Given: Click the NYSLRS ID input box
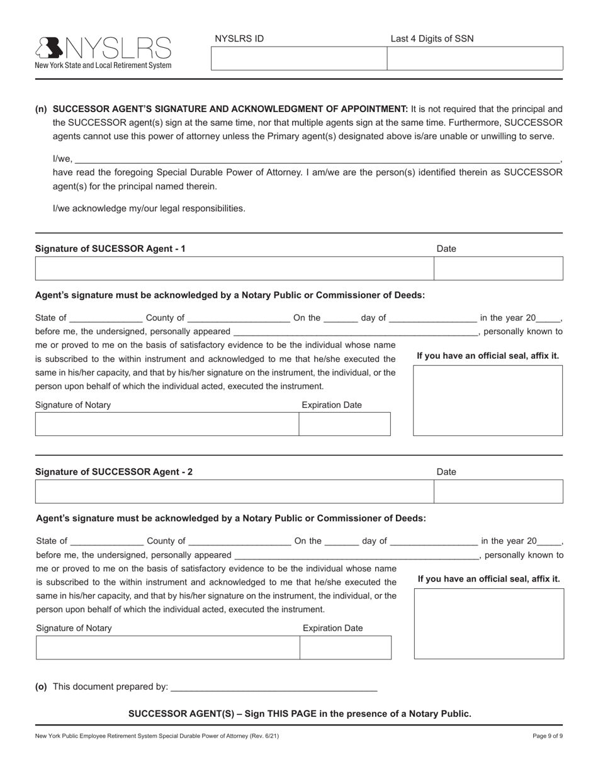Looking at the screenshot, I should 298,59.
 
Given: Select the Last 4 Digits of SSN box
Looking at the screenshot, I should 475,59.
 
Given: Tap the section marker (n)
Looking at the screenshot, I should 41,109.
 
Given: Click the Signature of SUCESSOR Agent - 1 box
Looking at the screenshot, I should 234,268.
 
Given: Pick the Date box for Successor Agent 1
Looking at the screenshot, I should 499,268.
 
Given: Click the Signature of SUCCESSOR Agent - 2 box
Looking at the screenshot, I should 234,491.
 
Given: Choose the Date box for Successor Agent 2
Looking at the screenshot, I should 499,491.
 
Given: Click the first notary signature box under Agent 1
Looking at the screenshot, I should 167,424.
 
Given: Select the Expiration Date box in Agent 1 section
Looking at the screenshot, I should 344,424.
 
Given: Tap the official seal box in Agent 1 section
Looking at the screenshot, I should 488,400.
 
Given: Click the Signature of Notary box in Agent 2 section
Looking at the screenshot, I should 167,648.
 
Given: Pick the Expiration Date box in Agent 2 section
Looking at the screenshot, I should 346,648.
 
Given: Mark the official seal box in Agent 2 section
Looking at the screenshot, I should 489,624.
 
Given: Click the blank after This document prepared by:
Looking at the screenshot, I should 274,687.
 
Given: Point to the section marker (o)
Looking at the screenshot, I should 42,687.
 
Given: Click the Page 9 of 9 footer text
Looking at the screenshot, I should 548,736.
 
